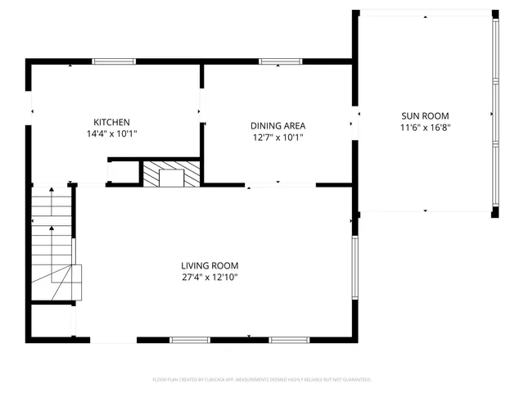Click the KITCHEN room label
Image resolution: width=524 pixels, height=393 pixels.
click(x=111, y=122)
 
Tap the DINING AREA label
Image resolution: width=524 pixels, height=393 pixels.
click(x=278, y=125)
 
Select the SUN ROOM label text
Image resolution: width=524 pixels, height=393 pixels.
click(x=424, y=115)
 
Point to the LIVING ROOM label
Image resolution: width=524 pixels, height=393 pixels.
click(x=210, y=265)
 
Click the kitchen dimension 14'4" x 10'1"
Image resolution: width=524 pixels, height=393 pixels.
click(x=111, y=133)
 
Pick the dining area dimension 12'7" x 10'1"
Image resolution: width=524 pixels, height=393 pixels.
click(x=278, y=137)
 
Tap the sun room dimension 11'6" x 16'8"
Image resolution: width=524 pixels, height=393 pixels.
click(x=424, y=127)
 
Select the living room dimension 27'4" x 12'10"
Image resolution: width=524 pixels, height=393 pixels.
click(x=210, y=277)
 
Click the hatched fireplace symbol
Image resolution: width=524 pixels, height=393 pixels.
click(x=172, y=173)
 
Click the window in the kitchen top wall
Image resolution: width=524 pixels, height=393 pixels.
click(x=113, y=61)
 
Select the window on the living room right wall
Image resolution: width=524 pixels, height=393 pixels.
click(x=355, y=267)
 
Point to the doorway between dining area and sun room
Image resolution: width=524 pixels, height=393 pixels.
click(x=355, y=123)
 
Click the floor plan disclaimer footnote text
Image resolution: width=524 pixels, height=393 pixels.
click(x=262, y=380)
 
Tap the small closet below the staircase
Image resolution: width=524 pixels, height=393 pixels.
click(x=52, y=320)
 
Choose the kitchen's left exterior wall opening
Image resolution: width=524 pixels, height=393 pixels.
click(x=29, y=106)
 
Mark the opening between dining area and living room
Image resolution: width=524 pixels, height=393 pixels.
click(x=280, y=185)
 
